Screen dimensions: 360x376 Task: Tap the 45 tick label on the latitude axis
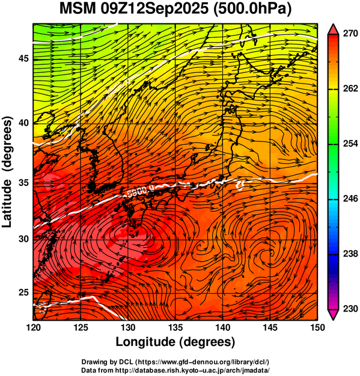click(x=24, y=58)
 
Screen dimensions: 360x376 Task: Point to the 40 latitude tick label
click(x=24, y=123)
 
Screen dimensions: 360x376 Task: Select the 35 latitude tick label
click(x=24, y=183)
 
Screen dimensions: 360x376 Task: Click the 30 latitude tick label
click(x=24, y=239)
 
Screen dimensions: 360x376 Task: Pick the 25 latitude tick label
click(x=24, y=293)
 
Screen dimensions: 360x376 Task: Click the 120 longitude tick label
click(x=33, y=327)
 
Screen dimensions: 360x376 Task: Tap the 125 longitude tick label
click(x=81, y=327)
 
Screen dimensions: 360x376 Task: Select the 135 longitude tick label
click(x=175, y=327)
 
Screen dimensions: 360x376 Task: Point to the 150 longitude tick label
click(x=317, y=327)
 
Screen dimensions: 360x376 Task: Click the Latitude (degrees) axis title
click(x=7, y=172)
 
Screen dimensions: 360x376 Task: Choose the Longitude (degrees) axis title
click(x=175, y=342)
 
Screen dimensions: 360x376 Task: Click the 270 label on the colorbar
click(x=350, y=34)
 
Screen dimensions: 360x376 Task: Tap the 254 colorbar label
click(x=350, y=144)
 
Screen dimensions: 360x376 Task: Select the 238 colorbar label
click(x=350, y=254)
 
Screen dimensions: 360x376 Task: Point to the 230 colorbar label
click(x=350, y=309)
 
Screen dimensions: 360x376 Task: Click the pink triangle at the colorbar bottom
click(x=334, y=314)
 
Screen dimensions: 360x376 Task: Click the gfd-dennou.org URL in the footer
click(x=203, y=362)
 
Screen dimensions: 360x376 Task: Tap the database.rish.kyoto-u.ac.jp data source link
click(x=192, y=370)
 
